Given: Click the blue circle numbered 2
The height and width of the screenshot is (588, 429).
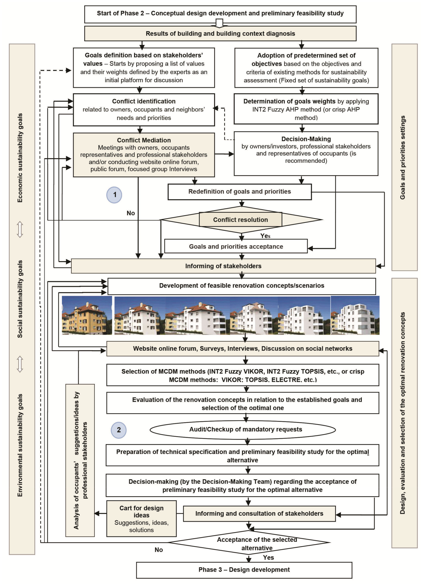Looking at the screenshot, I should tap(119, 430).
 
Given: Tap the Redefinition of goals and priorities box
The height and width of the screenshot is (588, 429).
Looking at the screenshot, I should tap(239, 192).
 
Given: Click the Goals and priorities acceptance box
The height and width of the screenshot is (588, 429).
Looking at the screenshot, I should tap(236, 246).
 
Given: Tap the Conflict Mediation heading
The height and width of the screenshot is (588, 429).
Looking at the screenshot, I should tap(144, 140).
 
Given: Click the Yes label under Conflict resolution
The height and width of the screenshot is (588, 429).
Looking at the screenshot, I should tap(265, 236).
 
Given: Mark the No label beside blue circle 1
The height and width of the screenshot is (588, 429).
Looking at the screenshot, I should tap(131, 213).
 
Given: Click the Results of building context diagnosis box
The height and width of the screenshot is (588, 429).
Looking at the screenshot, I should tap(220, 34).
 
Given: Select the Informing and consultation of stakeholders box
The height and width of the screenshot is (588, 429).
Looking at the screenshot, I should tap(259, 513).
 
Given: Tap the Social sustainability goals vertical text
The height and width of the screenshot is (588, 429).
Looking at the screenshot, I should tap(20, 299).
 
